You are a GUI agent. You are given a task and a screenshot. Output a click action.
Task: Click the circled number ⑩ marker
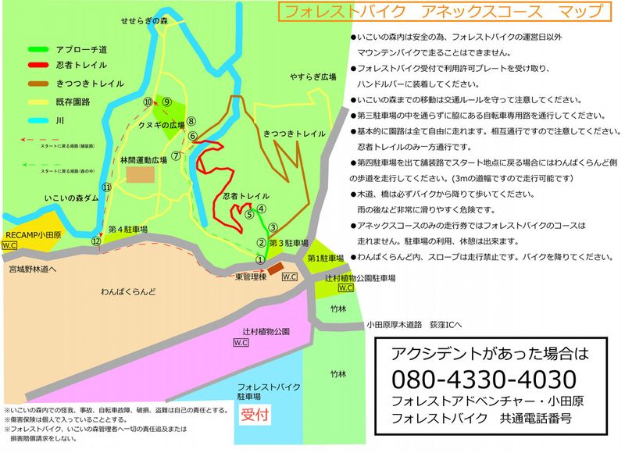[x=148, y=102]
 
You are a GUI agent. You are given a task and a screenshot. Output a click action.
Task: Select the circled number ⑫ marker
[x=95, y=241]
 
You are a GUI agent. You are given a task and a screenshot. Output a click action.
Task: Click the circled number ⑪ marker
[x=107, y=187]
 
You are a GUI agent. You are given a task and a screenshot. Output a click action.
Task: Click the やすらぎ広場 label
[x=313, y=77]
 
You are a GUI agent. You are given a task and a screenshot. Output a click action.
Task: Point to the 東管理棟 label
[x=252, y=276]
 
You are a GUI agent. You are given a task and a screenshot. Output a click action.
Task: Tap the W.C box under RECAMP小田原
[x=10, y=244]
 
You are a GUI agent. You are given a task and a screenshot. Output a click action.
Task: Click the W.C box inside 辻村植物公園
[x=241, y=342]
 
